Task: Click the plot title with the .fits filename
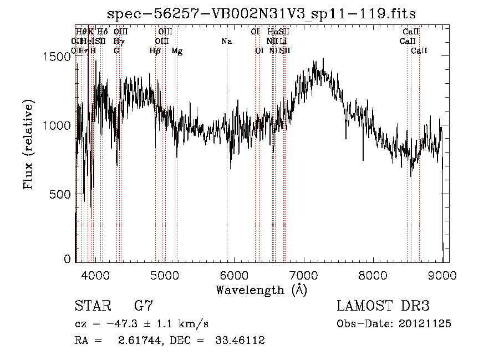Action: pos(262,13)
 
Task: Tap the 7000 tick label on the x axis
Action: pos(303,276)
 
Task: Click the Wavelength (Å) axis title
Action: pos(261,290)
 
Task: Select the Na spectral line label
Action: pos(226,42)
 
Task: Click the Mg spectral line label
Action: pos(177,51)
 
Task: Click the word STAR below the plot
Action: pos(93,306)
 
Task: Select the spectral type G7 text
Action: pos(144,306)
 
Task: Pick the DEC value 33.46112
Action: pos(240,341)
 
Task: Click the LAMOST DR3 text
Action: pos(383,306)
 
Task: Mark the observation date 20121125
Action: pos(424,324)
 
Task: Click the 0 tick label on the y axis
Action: pos(68,259)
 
